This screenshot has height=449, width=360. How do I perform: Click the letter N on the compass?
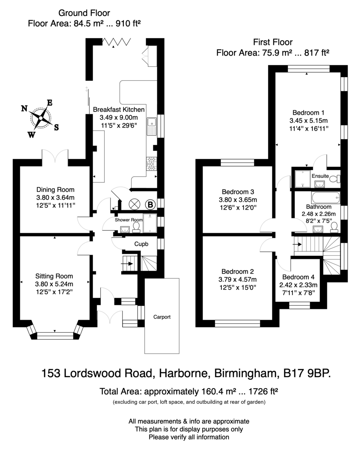coord(24,109)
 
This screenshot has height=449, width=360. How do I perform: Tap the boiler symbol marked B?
coord(150,204)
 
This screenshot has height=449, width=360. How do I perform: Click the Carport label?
coord(162,317)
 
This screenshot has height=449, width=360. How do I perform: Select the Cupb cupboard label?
coord(141,244)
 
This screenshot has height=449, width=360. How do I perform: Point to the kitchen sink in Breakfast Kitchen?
coord(152,126)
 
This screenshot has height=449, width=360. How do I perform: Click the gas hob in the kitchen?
coord(151,164)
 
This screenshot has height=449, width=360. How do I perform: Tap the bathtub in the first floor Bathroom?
coord(326,198)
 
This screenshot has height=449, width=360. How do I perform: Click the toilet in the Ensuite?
coord(335,179)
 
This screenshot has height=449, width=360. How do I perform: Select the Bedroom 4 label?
coord(298,277)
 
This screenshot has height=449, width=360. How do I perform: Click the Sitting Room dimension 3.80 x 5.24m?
coord(54,284)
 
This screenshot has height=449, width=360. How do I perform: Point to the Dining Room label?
coord(55,189)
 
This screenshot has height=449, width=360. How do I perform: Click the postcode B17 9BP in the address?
coord(307,373)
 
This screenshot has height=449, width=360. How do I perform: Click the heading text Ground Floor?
coord(84,13)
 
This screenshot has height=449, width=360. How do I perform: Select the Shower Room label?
coord(129,220)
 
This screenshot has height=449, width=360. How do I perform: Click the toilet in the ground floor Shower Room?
coord(136,227)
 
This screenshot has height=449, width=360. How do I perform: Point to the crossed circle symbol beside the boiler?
coord(135,204)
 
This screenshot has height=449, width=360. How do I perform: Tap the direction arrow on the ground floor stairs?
coord(127,264)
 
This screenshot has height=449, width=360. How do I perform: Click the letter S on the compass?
coord(56,127)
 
